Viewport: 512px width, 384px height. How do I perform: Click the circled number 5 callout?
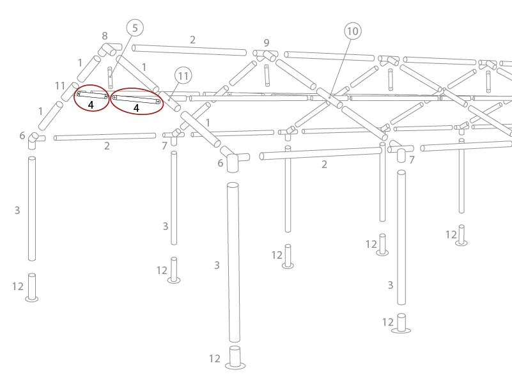click(135, 27)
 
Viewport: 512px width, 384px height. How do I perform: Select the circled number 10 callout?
click(353, 31)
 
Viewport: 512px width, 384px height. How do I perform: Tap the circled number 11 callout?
click(183, 76)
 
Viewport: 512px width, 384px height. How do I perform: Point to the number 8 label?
click(104, 35)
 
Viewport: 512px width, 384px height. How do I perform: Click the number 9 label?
click(267, 43)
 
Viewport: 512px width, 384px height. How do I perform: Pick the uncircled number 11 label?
click(60, 86)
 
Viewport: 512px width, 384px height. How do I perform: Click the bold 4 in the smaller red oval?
click(91, 105)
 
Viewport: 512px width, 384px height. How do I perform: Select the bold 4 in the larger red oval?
click(137, 108)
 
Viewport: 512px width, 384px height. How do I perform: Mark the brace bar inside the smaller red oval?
click(93, 95)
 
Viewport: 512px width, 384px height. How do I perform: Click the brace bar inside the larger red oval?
click(136, 100)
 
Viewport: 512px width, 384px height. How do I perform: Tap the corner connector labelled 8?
click(110, 49)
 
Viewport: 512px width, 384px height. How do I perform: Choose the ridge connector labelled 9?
click(265, 56)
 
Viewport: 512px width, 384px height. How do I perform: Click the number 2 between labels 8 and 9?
click(192, 40)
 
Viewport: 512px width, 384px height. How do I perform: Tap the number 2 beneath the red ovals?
click(107, 146)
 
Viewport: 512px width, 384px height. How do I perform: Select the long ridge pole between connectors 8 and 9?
click(189, 50)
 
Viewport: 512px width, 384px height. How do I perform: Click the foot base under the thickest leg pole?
click(235, 358)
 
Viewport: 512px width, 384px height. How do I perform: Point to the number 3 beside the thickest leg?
click(217, 265)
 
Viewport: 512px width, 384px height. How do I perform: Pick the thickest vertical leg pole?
click(233, 262)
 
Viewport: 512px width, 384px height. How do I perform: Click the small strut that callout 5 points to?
click(110, 78)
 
